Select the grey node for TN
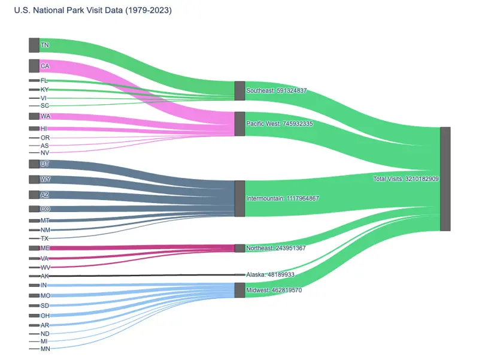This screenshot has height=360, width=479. click(34, 45)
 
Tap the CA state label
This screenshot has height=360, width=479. click(45, 66)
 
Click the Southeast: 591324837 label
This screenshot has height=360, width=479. click(276, 91)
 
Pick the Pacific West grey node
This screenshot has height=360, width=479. click(239, 123)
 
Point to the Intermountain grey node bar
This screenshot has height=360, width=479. click(239, 198)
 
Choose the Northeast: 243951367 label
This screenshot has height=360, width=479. click(275, 248)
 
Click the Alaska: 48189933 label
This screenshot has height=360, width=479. click(270, 274)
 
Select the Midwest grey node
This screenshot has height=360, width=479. click(239, 291)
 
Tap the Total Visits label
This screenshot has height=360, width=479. click(406, 179)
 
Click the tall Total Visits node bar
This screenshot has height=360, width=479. click(445, 179)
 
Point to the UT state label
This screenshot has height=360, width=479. click(45, 164)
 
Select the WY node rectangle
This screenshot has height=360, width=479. click(34, 179)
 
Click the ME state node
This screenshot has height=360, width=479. click(34, 248)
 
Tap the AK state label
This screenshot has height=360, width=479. click(45, 276)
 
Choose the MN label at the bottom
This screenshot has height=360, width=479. click(46, 349)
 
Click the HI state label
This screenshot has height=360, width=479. click(44, 129)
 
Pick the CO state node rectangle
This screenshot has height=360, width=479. click(34, 209)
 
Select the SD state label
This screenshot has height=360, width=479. click(45, 305)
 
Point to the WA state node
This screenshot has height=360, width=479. click(34, 116)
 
